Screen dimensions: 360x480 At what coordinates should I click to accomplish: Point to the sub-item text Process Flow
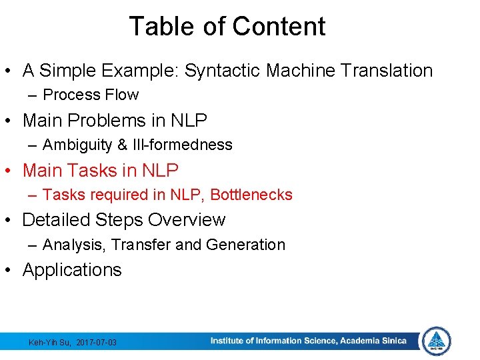tap(91, 95)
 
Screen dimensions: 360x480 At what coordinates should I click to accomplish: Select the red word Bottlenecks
tap(251, 195)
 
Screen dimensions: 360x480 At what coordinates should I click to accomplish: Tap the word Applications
tap(72, 270)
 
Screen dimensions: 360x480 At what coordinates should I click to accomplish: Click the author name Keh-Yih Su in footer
tap(49, 343)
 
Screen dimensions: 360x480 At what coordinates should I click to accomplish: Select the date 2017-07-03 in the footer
tap(97, 343)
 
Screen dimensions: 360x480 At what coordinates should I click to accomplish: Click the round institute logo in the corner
tap(437, 341)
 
